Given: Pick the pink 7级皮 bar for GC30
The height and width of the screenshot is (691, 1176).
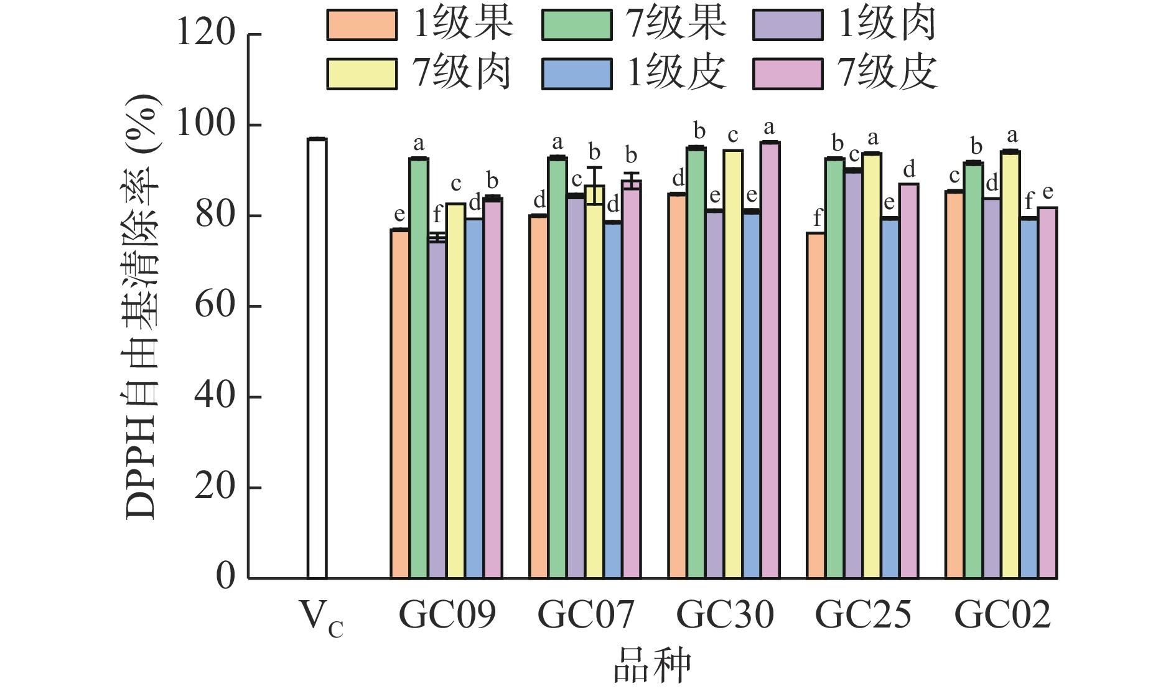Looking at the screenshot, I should (x=770, y=360).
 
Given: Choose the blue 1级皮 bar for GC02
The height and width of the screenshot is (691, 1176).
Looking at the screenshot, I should (x=1029, y=398).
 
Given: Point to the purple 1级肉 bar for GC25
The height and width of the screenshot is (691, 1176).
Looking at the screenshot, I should (x=853, y=374).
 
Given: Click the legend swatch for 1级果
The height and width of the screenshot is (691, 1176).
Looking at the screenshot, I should (x=362, y=25).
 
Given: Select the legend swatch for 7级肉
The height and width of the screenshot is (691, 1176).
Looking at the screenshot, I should (x=362, y=74).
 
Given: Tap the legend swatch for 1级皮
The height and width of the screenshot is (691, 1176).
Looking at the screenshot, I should (x=576, y=74).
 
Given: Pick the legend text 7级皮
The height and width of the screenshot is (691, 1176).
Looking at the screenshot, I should (x=887, y=73).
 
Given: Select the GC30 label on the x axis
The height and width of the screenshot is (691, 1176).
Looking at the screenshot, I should (x=725, y=615).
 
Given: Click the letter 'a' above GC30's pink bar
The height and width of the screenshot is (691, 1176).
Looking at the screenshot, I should (x=770, y=128).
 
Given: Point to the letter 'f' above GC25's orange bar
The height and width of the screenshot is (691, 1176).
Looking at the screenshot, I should (x=817, y=218).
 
